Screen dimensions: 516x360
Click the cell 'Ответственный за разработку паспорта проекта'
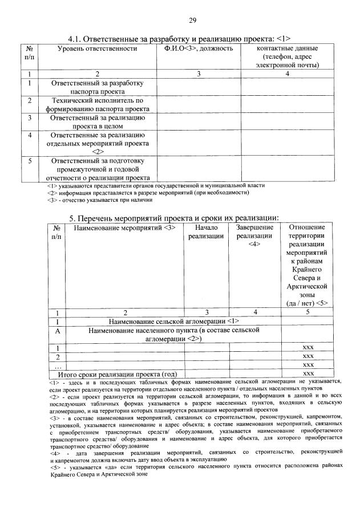click(97, 87)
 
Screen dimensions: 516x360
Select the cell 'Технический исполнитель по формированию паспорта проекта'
click(97, 104)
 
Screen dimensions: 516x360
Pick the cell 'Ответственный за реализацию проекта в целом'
click(97, 121)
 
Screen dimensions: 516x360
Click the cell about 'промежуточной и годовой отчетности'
click(97, 169)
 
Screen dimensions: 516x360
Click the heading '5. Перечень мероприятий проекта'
click(173, 217)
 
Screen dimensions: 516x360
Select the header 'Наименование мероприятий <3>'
click(124, 228)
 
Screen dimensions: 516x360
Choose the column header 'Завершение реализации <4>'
click(254, 236)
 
